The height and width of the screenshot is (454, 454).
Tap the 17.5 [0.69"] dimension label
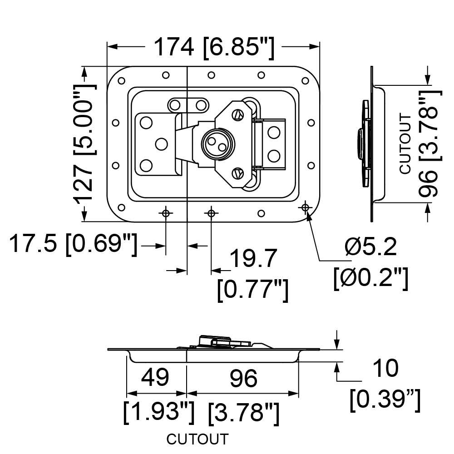click(x=73, y=244)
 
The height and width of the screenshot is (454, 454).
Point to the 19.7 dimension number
click(x=253, y=258)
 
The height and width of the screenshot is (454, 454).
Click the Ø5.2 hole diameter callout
click(x=370, y=247)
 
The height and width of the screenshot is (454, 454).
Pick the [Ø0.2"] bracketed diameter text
click(x=371, y=278)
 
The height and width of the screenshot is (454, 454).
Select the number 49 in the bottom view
click(x=155, y=377)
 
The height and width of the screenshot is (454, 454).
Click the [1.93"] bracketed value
click(x=158, y=412)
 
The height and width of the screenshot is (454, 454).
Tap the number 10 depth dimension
click(x=385, y=368)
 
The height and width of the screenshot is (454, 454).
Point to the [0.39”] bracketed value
click(x=385, y=400)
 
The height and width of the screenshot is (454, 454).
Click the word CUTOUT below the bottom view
click(x=197, y=439)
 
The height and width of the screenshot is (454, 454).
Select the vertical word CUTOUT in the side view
click(x=405, y=144)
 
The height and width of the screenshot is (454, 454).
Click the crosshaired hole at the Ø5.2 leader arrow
click(x=305, y=207)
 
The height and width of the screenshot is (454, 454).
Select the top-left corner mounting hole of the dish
click(x=122, y=80)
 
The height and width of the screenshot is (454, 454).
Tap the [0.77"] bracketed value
click(x=253, y=290)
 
